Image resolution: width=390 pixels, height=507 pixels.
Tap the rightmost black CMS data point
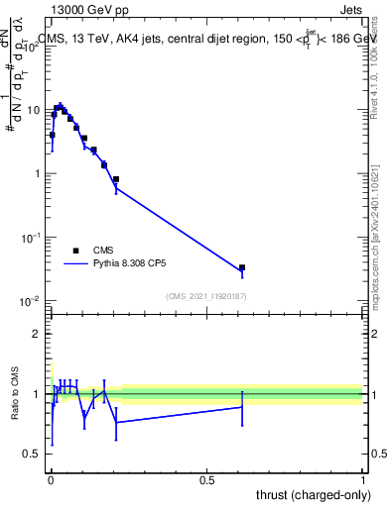242,267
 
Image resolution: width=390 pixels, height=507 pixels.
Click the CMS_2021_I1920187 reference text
205,295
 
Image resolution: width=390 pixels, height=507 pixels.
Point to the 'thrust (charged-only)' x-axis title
312,494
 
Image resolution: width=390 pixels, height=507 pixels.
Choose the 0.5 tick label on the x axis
207,478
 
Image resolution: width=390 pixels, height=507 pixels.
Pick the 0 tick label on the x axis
51,478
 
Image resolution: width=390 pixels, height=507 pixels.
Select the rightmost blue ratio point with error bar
242,407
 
